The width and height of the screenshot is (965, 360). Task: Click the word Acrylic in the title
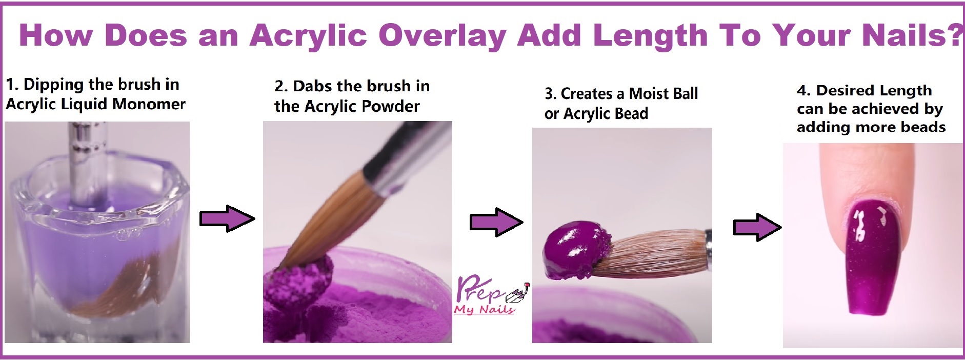309,36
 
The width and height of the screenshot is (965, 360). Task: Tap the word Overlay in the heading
443,36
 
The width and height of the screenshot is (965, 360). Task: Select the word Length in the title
650,36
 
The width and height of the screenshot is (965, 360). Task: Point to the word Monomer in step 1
149,104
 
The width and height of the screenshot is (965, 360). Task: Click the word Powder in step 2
391,106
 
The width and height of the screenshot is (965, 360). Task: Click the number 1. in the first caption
12,84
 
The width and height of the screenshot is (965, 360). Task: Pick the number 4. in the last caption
803,91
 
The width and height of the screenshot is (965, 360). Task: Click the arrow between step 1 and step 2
227,219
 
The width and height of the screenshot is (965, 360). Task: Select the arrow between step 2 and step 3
496,222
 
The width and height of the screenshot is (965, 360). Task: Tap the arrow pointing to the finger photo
757,227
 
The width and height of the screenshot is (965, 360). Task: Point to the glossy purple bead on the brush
577,250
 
